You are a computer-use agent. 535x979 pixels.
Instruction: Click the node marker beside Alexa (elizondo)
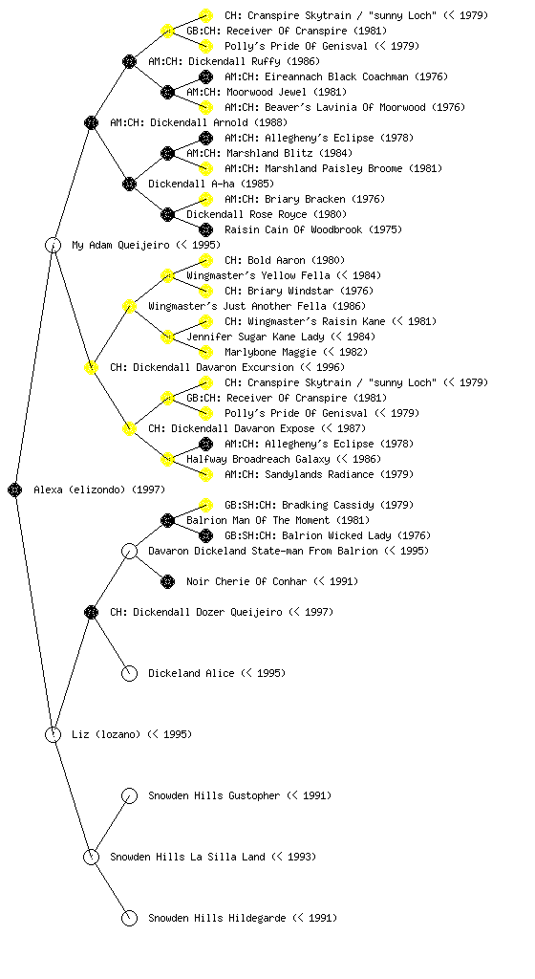(15, 489)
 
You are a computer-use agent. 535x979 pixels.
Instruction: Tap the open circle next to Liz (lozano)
(53, 734)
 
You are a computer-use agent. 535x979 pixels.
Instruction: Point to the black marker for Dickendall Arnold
(91, 122)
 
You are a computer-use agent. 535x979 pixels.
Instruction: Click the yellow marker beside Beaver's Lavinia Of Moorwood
(205, 107)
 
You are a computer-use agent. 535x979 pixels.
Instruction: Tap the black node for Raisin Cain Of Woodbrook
(205, 229)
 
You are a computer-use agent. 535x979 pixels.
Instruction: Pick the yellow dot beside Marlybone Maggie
(205, 352)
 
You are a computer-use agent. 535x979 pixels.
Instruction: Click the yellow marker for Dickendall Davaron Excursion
(91, 367)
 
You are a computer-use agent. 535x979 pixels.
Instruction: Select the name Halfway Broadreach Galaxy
(259, 459)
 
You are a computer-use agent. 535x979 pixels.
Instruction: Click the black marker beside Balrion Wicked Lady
(205, 535)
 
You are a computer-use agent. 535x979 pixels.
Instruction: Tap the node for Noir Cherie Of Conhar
(168, 582)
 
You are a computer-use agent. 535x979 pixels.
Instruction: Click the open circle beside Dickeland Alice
(129, 673)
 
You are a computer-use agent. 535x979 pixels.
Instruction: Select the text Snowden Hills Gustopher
(215, 795)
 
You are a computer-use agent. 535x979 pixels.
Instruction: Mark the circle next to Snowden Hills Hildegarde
(129, 918)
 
